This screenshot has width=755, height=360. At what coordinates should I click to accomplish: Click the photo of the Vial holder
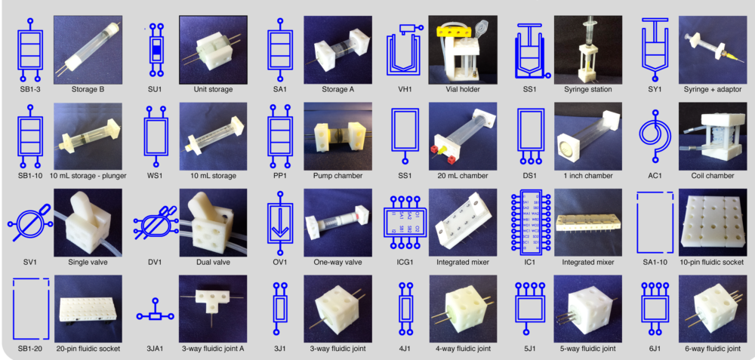[x=462, y=50]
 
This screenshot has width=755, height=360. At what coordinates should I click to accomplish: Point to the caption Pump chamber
[x=337, y=176]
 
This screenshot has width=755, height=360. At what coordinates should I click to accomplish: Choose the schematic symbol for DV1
[x=155, y=222]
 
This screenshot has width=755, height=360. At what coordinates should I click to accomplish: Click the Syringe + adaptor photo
[x=712, y=50]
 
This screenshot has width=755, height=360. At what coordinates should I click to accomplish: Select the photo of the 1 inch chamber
[x=587, y=136]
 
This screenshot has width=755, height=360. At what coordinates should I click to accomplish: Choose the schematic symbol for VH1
[x=405, y=50]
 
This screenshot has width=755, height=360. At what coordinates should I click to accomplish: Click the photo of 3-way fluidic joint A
[x=211, y=308]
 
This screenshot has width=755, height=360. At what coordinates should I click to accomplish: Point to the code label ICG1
[x=405, y=262]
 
